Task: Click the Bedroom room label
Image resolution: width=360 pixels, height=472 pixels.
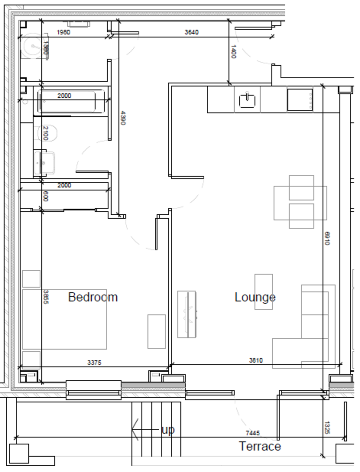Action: (x=93, y=297)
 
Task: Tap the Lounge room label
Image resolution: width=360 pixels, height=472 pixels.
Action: (x=255, y=297)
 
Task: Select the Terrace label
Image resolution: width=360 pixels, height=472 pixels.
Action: (x=260, y=446)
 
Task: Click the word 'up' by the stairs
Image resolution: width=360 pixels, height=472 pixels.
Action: (x=168, y=430)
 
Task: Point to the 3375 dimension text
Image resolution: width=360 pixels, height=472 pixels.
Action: (x=94, y=363)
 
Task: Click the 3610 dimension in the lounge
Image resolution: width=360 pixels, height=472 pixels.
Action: (x=256, y=360)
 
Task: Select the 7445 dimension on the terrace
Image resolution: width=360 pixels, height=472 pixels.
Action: (x=253, y=433)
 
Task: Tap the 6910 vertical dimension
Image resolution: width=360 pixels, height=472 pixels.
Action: (x=326, y=238)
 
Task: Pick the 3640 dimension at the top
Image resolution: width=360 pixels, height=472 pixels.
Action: (x=191, y=32)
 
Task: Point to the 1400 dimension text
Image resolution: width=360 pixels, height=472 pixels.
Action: (x=233, y=52)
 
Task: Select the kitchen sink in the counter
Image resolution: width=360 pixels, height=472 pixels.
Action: (x=247, y=100)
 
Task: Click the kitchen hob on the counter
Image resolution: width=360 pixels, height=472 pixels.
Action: (x=299, y=100)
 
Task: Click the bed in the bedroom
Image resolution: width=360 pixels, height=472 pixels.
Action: (x=65, y=319)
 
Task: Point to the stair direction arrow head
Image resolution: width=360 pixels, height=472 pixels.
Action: (x=135, y=430)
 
